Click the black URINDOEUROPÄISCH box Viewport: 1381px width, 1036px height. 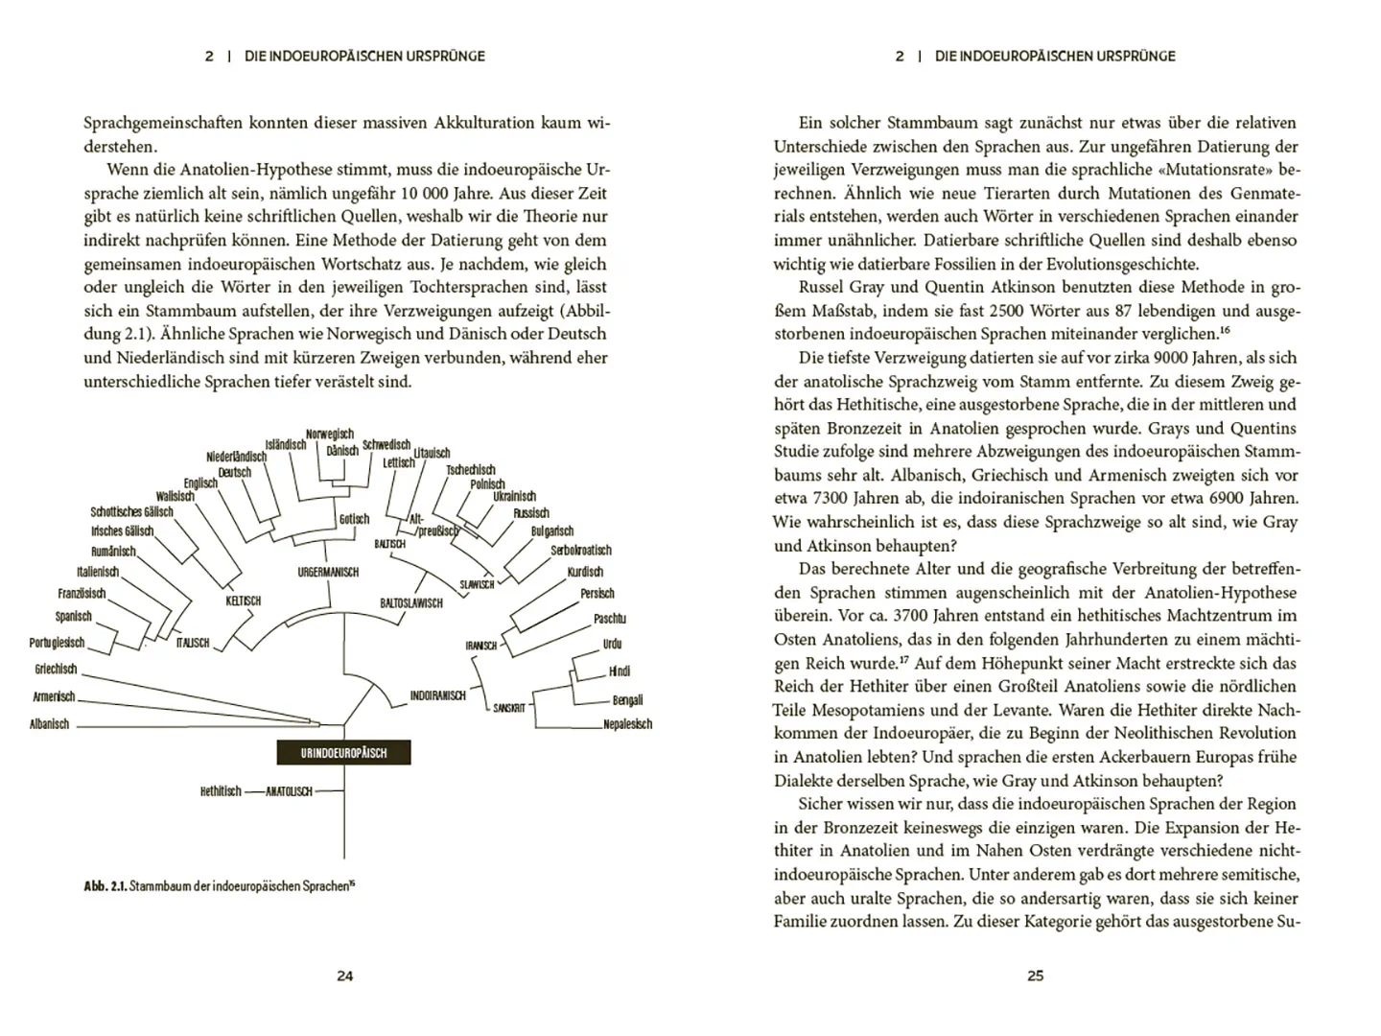[343, 753]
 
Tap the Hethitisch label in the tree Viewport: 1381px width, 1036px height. [221, 791]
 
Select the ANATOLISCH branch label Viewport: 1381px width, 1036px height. [289, 792]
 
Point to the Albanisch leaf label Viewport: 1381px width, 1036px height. [50, 725]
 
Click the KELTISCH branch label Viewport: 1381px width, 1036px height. [243, 601]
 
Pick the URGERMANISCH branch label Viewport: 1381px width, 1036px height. [328, 573]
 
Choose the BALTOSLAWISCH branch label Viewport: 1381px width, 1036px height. [411, 603]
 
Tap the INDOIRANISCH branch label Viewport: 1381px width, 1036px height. [437, 695]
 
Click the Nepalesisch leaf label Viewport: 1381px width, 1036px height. [628, 724]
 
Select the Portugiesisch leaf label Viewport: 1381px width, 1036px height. [57, 643]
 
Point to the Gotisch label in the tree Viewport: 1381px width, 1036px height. [354, 519]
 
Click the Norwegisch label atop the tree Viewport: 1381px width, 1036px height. [330, 435]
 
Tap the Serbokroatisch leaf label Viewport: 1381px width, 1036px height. [580, 551]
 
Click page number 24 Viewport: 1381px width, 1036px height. [345, 976]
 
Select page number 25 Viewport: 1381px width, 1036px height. [1036, 976]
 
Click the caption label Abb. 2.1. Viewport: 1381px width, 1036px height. [105, 886]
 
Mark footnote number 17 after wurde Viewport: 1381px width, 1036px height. [903, 660]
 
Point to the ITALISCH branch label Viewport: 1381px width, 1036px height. [193, 643]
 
